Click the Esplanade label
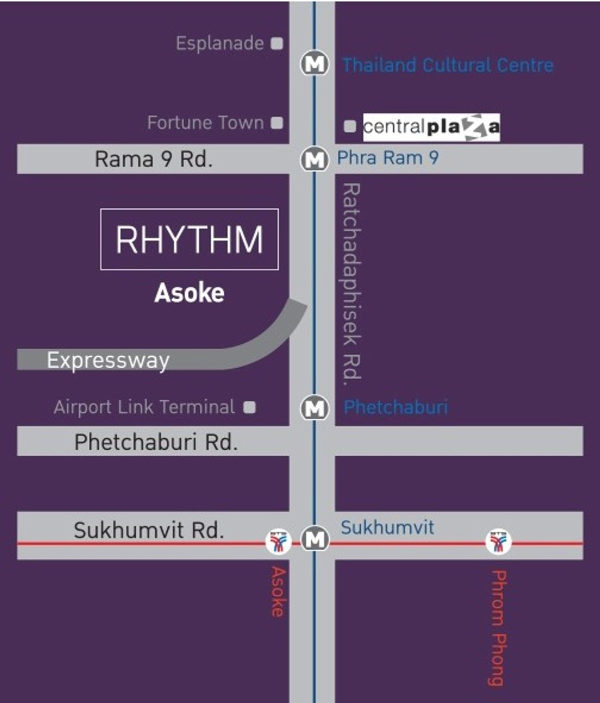[x=219, y=43]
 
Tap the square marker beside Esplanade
[x=276, y=43]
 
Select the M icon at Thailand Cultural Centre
[x=314, y=64]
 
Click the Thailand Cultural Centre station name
[x=447, y=65]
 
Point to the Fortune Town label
[x=205, y=122]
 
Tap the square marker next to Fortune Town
[x=276, y=122]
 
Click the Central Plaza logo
[x=431, y=127]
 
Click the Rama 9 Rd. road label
[x=153, y=159]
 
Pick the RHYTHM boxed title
[x=189, y=239]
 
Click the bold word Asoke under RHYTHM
[x=189, y=293]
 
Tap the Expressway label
[x=108, y=360]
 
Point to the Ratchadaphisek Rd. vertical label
[x=351, y=281]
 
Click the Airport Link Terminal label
[x=144, y=407]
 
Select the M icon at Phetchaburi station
[x=314, y=408]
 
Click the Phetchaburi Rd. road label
[x=155, y=442]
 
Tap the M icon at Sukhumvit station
[x=315, y=539]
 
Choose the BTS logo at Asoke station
[x=278, y=542]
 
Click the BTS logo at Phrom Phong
[x=498, y=542]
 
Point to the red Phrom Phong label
[x=498, y=628]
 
